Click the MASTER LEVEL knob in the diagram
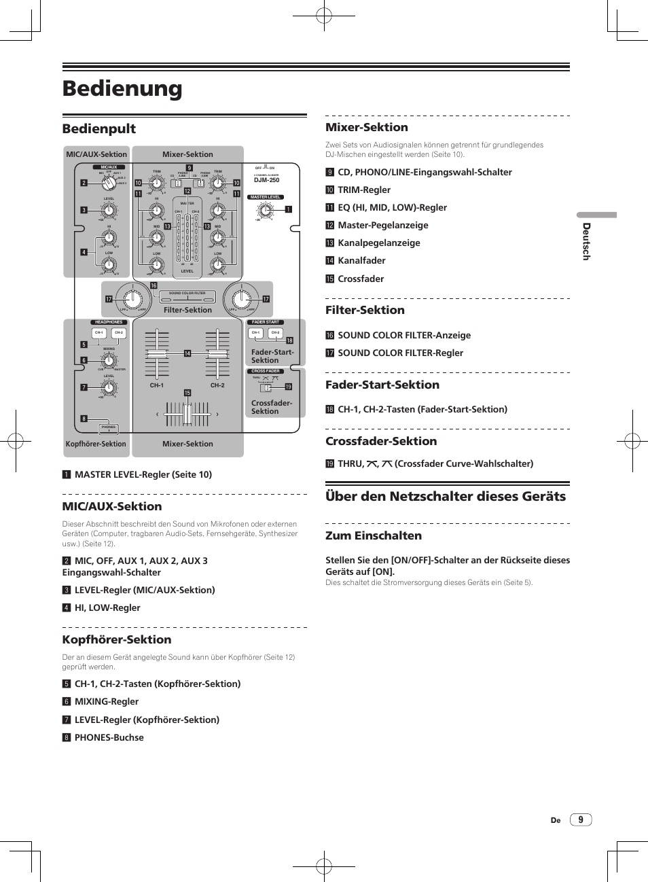(265, 211)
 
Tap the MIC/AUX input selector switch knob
(108, 183)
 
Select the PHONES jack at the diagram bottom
(109, 428)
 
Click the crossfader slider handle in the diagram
(187, 413)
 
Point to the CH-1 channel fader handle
(157, 355)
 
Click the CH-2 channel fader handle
(217, 355)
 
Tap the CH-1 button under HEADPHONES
(99, 333)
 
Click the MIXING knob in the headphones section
(109, 361)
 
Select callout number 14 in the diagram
(187, 353)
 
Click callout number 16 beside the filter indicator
(154, 285)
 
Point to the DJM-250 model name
(267, 180)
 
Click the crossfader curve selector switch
(268, 387)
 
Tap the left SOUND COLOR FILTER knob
(133, 299)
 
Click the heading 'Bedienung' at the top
(122, 88)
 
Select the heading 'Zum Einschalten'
(374, 535)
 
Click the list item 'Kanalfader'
(361, 260)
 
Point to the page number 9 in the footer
(581, 819)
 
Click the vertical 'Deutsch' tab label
(586, 241)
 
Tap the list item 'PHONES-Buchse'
(109, 737)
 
